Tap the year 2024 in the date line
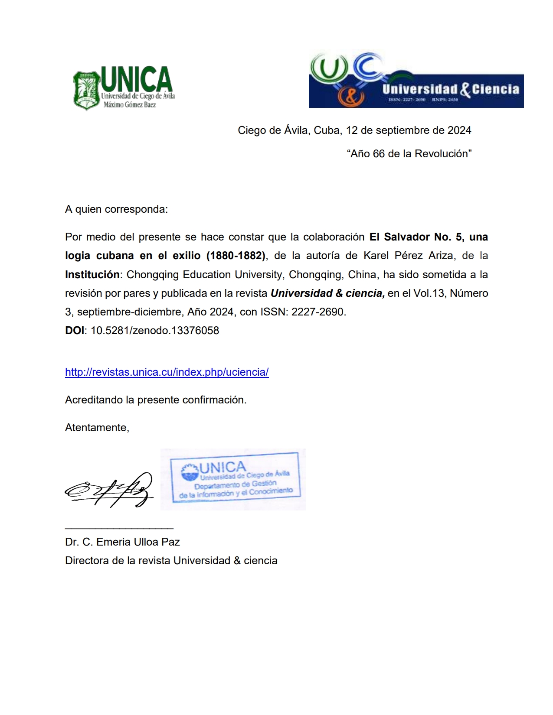tap(459, 130)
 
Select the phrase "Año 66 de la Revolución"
tap(409, 154)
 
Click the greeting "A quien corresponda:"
tap(116, 209)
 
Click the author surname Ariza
tap(442, 256)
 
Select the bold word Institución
tap(92, 275)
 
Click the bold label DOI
tap(75, 331)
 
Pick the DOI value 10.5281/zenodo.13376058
tap(155, 331)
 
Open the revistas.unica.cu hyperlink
tap(167, 372)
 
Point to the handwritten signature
tap(110, 490)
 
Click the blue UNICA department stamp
tap(234, 478)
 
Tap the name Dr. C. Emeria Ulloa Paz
tap(122, 542)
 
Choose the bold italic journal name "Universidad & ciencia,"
tap(327, 293)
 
